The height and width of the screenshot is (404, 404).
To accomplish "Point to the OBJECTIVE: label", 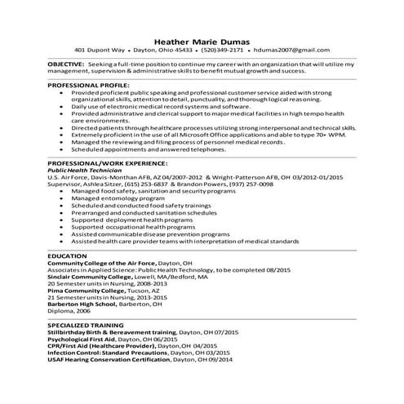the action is click(x=65, y=63).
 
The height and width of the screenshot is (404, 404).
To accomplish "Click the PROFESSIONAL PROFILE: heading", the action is click(x=87, y=86).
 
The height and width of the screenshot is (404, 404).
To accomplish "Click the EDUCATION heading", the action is click(x=67, y=255).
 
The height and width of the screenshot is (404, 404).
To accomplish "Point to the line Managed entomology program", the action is click(x=113, y=198).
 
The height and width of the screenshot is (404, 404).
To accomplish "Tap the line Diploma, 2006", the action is click(x=69, y=310).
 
